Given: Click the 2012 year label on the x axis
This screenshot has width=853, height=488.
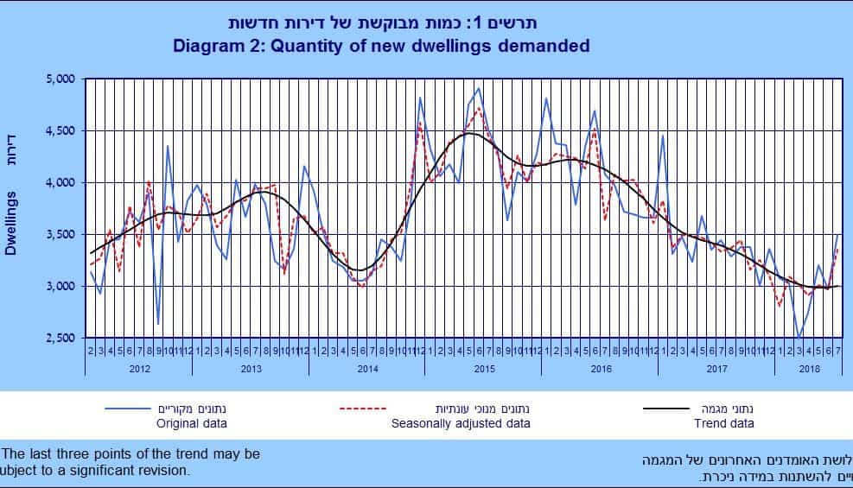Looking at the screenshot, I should [138, 369].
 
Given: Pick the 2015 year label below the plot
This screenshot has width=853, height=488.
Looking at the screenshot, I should [482, 369].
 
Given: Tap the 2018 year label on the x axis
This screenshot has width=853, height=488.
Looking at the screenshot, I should [809, 369].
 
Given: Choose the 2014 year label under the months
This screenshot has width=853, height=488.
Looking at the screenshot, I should [366, 369].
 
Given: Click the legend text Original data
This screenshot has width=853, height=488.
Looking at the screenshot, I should [191, 423].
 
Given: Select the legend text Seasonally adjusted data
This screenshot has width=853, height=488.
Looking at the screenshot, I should [461, 423].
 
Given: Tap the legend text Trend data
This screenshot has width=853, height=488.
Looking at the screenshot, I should [723, 423].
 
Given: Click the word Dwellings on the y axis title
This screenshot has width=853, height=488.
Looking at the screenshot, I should [11, 223].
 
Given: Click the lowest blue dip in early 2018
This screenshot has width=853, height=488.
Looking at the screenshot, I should [800, 337].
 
